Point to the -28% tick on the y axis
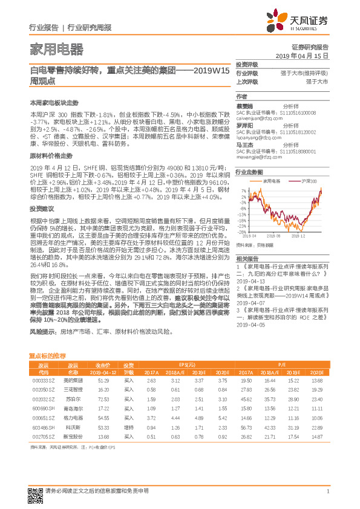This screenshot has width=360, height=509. point(241,232)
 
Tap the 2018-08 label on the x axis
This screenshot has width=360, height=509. point(281,236)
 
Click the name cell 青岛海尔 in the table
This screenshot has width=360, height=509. point(73,410)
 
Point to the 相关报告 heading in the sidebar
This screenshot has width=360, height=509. point(247,258)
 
